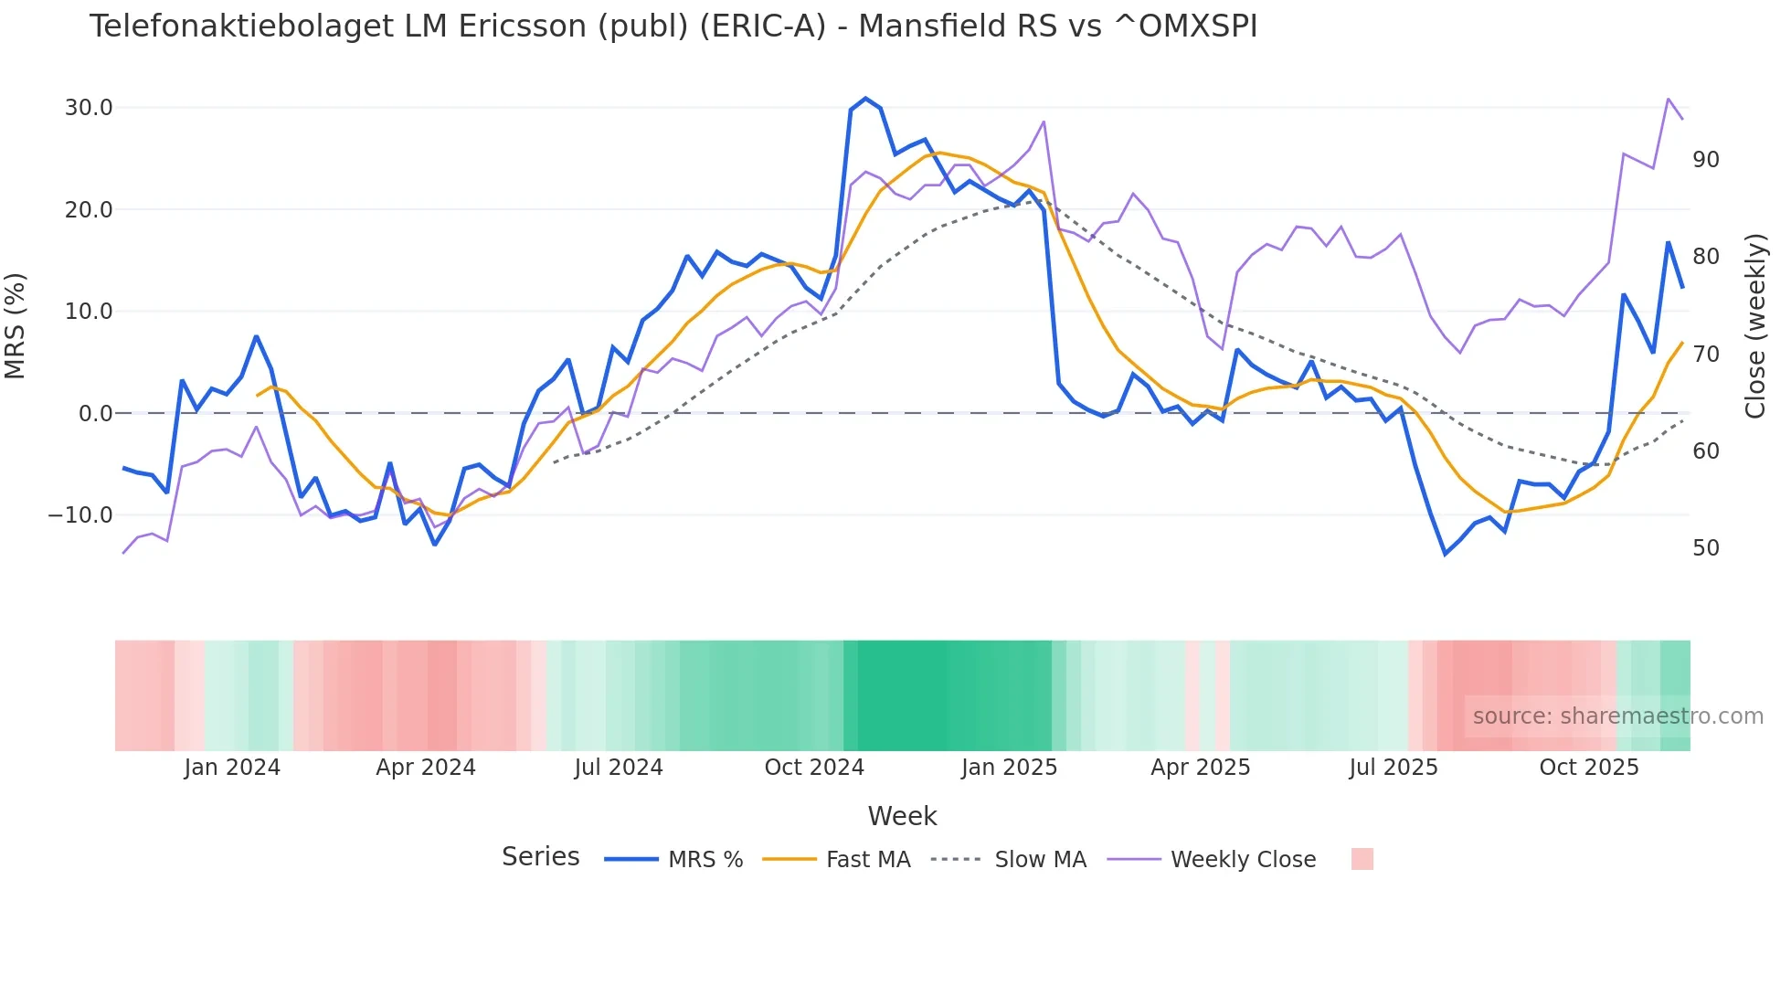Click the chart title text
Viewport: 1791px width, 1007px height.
pos(673,26)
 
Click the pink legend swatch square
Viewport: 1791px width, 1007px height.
pos(1362,859)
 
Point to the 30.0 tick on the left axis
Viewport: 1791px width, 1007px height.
pos(89,108)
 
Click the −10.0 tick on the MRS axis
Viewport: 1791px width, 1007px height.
pos(80,515)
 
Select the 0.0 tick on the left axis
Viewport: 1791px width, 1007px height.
pos(95,414)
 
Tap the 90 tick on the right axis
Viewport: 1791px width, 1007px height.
pos(1705,160)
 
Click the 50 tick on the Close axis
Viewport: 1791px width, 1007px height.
pos(1705,548)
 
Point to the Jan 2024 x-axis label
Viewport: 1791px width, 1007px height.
pos(232,768)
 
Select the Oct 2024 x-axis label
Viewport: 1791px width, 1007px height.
pos(814,768)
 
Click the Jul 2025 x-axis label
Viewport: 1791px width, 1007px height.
pos(1393,768)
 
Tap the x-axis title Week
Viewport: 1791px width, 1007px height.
pos(902,816)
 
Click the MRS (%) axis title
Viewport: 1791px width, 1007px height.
pos(16,326)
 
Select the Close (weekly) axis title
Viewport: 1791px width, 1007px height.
pos(1755,326)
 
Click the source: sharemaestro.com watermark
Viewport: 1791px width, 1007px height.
pos(1617,716)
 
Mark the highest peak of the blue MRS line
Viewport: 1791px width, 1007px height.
pos(865,99)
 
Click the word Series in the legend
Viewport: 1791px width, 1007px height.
pos(540,857)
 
